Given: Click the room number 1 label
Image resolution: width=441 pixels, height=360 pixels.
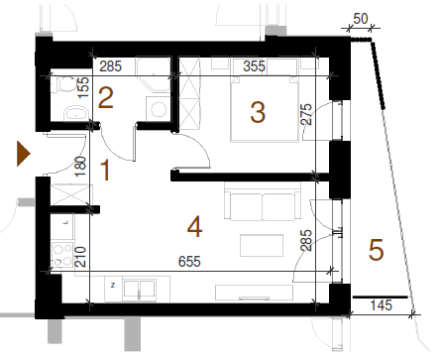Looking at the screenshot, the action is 105,170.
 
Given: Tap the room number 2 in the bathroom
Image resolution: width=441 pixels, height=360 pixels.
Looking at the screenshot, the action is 106,97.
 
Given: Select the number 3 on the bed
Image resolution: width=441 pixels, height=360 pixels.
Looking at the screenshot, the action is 258,112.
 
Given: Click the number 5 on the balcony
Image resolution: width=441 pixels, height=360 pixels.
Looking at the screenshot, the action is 376,250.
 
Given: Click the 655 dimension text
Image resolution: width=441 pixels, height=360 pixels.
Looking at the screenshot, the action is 189,262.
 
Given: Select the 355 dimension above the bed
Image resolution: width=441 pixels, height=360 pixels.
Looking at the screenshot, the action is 254,66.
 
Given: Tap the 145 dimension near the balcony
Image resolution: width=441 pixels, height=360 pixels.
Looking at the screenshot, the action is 382,305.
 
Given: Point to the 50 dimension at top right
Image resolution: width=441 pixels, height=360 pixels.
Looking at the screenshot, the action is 361,19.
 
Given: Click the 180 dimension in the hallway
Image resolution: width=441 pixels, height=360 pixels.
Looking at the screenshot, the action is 80,167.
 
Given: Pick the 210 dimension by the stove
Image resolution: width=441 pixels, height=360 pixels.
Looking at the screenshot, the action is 80,257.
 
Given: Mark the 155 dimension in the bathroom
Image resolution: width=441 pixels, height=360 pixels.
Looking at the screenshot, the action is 83,87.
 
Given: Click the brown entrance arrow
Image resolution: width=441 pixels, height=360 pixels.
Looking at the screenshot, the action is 23,154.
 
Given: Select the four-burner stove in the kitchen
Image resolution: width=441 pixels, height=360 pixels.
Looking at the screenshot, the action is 62,254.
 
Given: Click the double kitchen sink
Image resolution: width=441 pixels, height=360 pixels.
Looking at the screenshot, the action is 139,290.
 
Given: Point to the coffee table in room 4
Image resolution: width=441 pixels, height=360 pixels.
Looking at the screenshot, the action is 262,245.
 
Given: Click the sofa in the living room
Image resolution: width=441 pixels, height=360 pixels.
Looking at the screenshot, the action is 263,201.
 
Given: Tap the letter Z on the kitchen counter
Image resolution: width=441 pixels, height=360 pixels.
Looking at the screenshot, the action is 113,285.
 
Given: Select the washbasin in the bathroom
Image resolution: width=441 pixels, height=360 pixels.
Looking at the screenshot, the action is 76,113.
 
